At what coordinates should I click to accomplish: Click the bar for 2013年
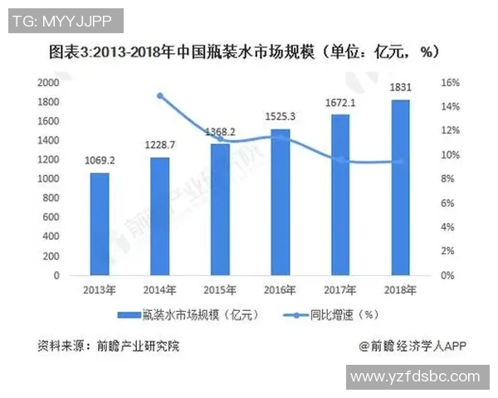coord(99,224)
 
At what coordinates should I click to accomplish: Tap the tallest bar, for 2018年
coord(400,187)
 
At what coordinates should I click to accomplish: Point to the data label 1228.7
coord(159,145)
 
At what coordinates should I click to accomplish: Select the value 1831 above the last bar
coord(400,87)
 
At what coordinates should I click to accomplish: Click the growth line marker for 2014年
coord(159,95)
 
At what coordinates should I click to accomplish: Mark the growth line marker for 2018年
coord(400,162)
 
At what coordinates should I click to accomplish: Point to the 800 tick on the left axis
coord(51,198)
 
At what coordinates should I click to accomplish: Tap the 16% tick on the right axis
coord(449,83)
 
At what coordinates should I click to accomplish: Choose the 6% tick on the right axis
coord(446,203)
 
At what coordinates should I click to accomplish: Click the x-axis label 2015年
coord(219,289)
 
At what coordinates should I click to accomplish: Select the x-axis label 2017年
coord(340,289)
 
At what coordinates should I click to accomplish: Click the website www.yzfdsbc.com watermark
coord(414,377)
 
